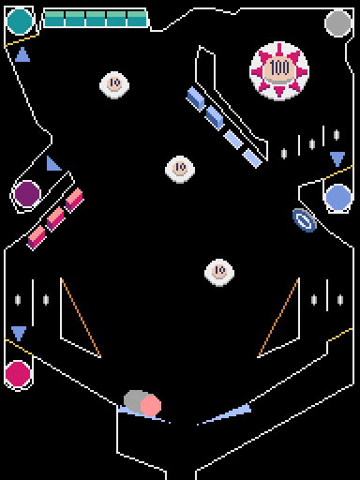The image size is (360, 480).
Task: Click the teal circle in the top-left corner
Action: [x=20, y=21]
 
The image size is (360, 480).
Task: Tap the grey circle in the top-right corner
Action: [x=338, y=22]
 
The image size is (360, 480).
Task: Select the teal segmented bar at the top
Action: [x=96, y=18]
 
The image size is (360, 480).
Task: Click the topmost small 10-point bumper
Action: [x=113, y=84]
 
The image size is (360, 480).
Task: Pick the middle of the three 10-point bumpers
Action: [x=180, y=169]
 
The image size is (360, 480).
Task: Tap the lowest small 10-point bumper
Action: [x=218, y=272]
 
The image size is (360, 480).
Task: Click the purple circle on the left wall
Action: [x=27, y=194]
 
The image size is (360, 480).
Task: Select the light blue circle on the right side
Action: [x=338, y=197]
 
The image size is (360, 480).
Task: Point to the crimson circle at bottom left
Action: [x=18, y=374]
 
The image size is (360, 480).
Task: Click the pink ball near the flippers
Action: [x=150, y=405]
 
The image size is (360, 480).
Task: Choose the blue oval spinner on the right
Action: [x=305, y=219]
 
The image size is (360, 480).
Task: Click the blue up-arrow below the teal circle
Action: [x=22, y=55]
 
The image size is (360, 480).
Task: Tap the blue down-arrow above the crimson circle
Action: [x=19, y=333]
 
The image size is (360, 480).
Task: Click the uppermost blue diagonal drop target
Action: [x=196, y=97]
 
